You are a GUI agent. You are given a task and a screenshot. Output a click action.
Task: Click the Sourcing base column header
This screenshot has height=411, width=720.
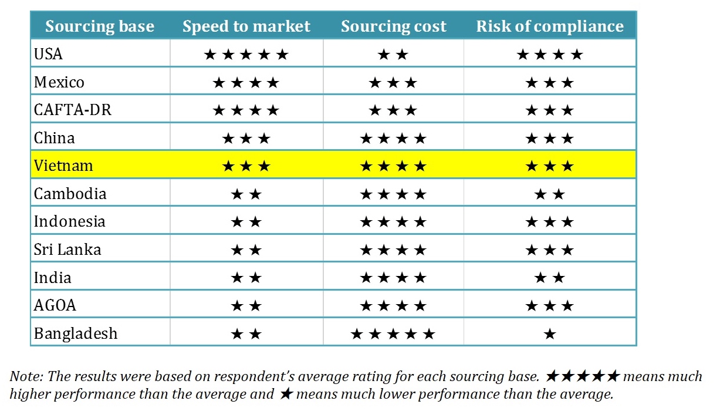[x=100, y=26]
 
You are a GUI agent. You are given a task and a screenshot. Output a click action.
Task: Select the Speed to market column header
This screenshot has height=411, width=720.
[x=246, y=26]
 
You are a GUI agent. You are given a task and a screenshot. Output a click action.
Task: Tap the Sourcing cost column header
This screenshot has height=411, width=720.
[x=394, y=26]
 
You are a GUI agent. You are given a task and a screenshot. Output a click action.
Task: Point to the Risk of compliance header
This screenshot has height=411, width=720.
[x=550, y=26]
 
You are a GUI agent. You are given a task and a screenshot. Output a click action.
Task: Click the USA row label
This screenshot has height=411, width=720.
[x=48, y=54]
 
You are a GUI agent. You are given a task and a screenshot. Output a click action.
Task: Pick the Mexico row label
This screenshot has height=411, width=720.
[x=59, y=82]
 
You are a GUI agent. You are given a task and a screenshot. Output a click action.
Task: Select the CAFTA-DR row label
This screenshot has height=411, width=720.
[x=72, y=110]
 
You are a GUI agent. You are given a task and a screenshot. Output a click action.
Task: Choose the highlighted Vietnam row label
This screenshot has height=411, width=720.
[x=63, y=166]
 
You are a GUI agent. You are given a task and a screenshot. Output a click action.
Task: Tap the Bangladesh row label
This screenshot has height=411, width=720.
[x=75, y=333]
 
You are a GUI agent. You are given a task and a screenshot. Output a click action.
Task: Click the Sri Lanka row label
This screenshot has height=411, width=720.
[x=67, y=250]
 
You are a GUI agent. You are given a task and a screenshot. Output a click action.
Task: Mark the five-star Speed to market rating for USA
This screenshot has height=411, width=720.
[x=246, y=55]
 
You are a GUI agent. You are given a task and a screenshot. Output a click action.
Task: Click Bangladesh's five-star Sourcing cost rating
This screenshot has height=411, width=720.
[x=393, y=334]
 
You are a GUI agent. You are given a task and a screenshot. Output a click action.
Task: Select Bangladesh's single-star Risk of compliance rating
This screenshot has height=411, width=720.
[x=550, y=334]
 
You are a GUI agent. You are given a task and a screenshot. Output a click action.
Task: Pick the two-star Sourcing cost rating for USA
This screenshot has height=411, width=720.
[x=393, y=55]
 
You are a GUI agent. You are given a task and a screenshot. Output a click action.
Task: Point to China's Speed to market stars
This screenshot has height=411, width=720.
[x=246, y=139]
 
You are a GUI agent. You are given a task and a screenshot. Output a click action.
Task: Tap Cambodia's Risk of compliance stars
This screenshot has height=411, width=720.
[x=550, y=194]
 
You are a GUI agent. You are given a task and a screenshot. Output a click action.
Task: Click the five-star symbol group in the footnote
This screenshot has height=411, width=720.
[x=582, y=376]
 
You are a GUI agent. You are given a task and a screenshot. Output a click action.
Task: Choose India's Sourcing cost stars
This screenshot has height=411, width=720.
[x=393, y=278]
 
